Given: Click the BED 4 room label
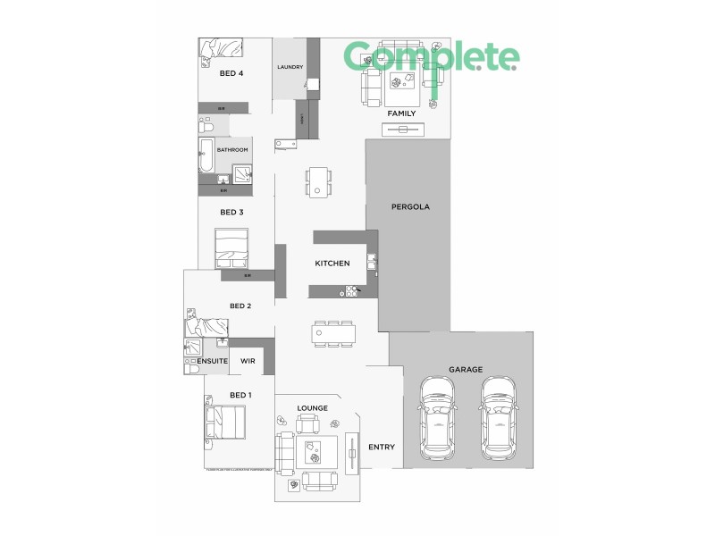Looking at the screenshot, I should (x=231, y=73).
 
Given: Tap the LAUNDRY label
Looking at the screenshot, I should (x=290, y=67).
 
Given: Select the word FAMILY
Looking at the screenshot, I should (x=400, y=113).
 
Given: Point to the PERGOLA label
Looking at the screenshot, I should (x=411, y=206).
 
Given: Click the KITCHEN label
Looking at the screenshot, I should (x=331, y=264).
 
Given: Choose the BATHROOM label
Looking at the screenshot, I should (x=232, y=150).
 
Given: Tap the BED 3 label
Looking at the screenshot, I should (x=231, y=213).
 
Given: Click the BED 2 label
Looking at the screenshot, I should (x=240, y=306).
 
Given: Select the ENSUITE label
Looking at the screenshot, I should (x=213, y=361).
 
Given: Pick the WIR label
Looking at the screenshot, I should (x=248, y=361).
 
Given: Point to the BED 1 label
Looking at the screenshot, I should (x=240, y=395).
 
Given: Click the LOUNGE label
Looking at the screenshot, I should (x=312, y=408).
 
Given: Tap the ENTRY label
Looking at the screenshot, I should (x=382, y=447).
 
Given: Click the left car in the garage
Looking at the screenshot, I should (x=438, y=415).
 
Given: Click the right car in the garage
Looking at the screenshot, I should (x=499, y=415).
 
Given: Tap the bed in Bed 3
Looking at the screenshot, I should (x=231, y=247).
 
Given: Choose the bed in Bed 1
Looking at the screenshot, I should (x=226, y=423).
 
